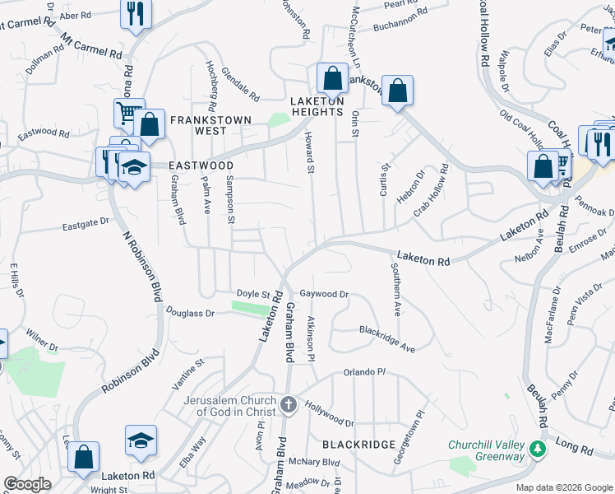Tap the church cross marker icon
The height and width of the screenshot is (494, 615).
pyautogui.click(x=288, y=404)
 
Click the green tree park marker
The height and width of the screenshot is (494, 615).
pyautogui.click(x=538, y=450)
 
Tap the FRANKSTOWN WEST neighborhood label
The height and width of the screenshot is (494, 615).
pyautogui.click(x=210, y=125)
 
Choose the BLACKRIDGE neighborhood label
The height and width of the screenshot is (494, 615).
pyautogui.click(x=358, y=444)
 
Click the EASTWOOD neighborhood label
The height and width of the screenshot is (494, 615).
pyautogui.click(x=201, y=165)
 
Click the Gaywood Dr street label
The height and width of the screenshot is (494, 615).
pyautogui.click(x=324, y=294)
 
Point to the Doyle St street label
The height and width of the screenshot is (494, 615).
pyautogui.click(x=253, y=294)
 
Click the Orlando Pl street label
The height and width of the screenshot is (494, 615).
pyautogui.click(x=364, y=372)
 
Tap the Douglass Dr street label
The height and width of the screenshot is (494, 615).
pyautogui.click(x=190, y=313)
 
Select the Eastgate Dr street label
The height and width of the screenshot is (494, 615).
pyautogui.click(x=86, y=221)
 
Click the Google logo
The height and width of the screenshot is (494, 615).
pyautogui.click(x=27, y=484)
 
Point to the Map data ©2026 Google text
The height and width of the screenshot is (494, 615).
pyautogui.click(x=564, y=487)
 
